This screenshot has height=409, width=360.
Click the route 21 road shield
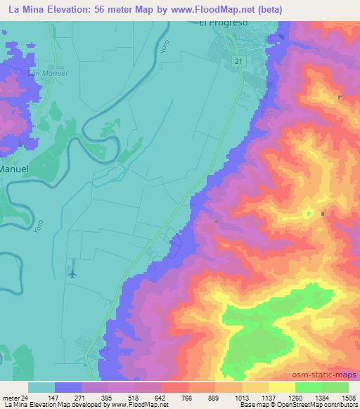click(x=239, y=62)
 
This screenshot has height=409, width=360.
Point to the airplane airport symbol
click(x=72, y=273)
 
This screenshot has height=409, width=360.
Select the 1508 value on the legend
click(x=348, y=397)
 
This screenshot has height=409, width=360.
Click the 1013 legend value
click(x=242, y=397)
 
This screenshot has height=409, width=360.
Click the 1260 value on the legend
click(x=295, y=397)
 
